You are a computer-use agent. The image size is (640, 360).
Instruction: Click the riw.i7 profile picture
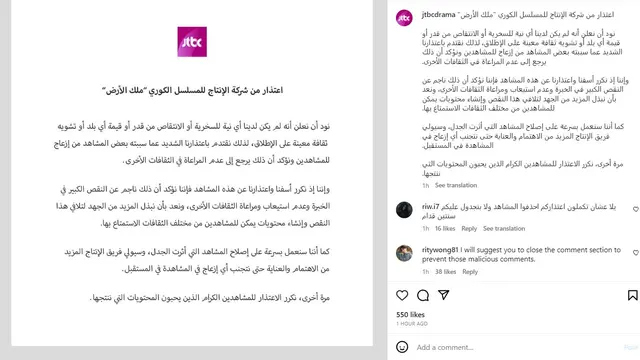point(403,209)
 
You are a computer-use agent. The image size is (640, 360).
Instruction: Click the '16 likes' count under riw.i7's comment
point(440,228)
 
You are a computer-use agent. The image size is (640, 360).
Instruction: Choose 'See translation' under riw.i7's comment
point(503,228)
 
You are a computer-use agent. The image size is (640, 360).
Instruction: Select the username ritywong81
point(443,251)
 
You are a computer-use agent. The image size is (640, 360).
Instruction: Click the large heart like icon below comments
point(402,296)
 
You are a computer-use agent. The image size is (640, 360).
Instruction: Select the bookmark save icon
point(632,296)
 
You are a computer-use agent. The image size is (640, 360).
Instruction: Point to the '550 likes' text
point(410,314)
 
